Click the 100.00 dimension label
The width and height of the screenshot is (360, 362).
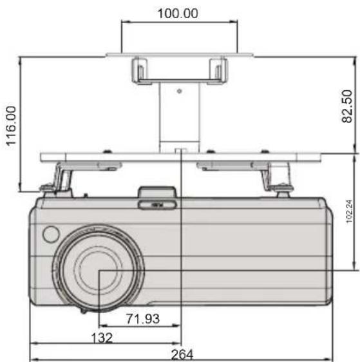click(x=178, y=14)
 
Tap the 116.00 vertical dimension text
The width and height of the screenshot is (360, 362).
click(x=11, y=126)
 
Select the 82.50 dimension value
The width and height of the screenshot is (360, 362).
click(x=347, y=106)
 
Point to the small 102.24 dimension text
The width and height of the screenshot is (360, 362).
click(x=350, y=211)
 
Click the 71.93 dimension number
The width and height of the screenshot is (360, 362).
click(x=143, y=319)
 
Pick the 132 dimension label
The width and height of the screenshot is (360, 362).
click(x=102, y=338)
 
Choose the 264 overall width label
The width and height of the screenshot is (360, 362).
click(x=182, y=354)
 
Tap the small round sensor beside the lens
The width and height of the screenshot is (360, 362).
click(x=51, y=234)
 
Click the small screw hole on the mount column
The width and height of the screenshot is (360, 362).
click(x=179, y=91)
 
